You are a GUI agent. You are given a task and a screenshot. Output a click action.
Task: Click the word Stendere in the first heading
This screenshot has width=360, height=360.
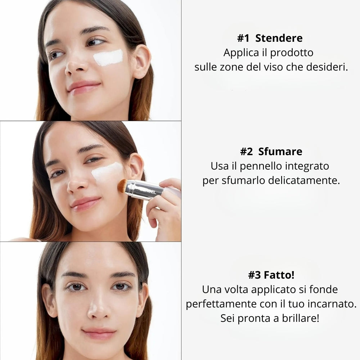tap(279, 38)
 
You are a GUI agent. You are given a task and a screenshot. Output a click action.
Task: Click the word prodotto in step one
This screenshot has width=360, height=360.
tap(292, 53)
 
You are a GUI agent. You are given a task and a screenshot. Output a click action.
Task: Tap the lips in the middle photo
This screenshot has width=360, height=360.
tap(86, 203)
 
